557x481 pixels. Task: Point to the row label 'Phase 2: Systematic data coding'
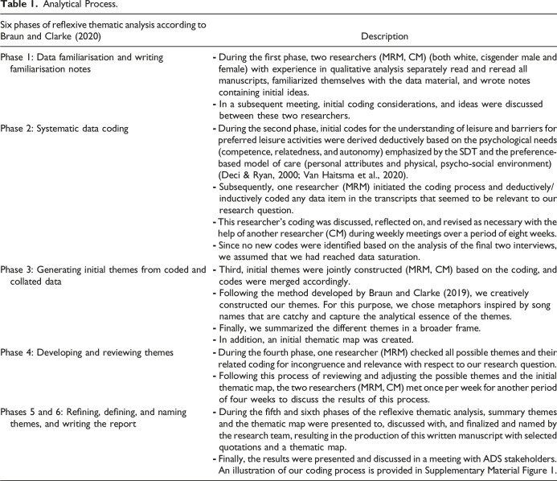pyautogui.click(x=75, y=129)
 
